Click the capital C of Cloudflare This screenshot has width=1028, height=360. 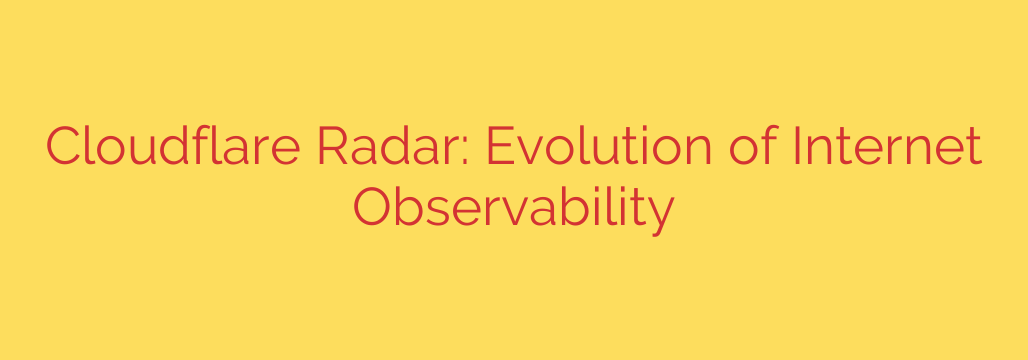(x=65, y=148)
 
